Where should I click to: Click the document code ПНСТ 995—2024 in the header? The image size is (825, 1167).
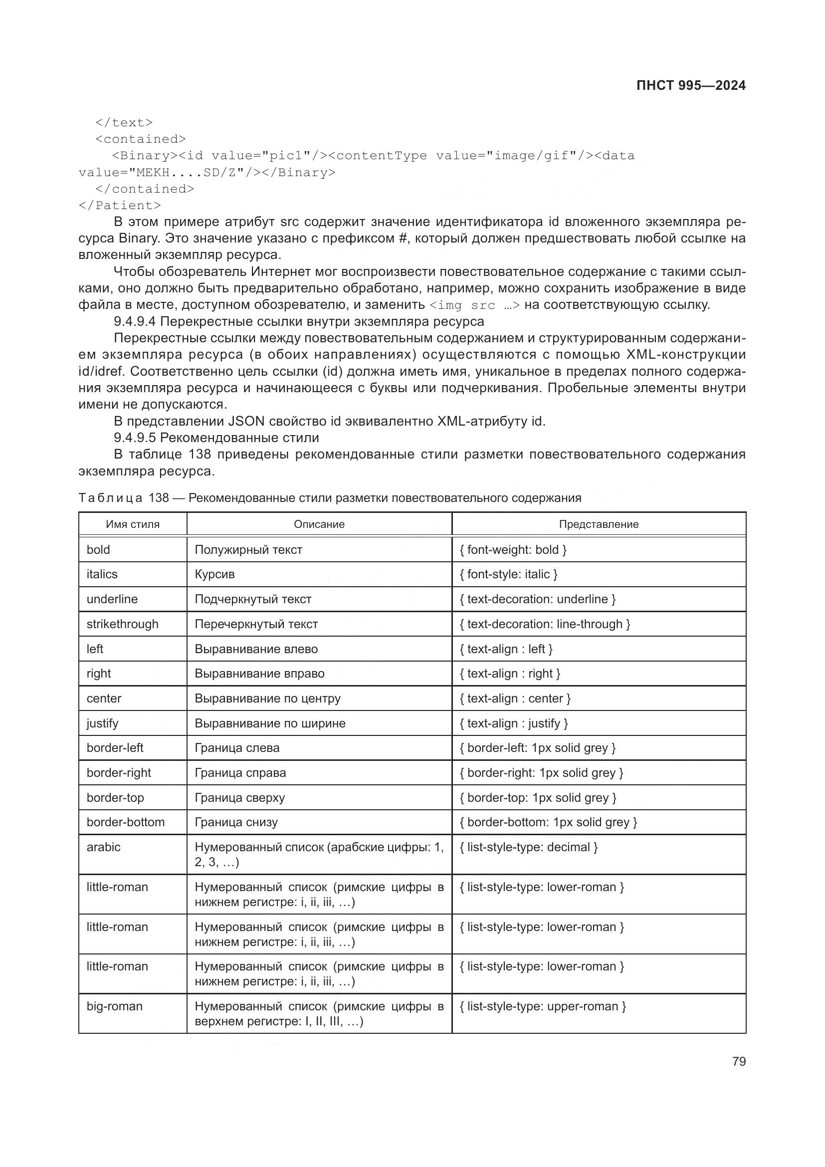click(690, 85)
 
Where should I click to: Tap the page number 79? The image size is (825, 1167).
click(739, 1061)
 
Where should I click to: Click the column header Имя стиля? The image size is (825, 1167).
click(133, 524)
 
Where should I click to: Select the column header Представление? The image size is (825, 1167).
click(599, 524)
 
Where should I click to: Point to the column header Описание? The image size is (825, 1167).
click(319, 524)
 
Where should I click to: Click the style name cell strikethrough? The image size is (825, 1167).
click(122, 624)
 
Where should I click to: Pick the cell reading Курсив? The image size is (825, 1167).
click(215, 574)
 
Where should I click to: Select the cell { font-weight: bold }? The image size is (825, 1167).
click(513, 549)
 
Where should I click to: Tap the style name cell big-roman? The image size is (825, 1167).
click(115, 1006)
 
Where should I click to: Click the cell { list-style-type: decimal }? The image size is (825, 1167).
click(528, 847)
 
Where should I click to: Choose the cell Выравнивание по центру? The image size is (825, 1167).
click(268, 698)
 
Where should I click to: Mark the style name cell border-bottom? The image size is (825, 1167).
click(126, 822)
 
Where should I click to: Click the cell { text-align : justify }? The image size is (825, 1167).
click(514, 723)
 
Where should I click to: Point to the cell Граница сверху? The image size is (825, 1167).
click(240, 797)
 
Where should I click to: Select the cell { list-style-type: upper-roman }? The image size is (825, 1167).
click(543, 1006)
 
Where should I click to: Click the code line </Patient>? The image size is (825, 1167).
click(120, 206)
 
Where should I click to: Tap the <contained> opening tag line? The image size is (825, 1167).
click(141, 139)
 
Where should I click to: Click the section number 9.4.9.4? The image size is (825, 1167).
click(135, 321)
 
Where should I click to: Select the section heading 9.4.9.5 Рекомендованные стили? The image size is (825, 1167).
click(216, 438)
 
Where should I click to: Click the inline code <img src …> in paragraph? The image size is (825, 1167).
click(474, 305)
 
